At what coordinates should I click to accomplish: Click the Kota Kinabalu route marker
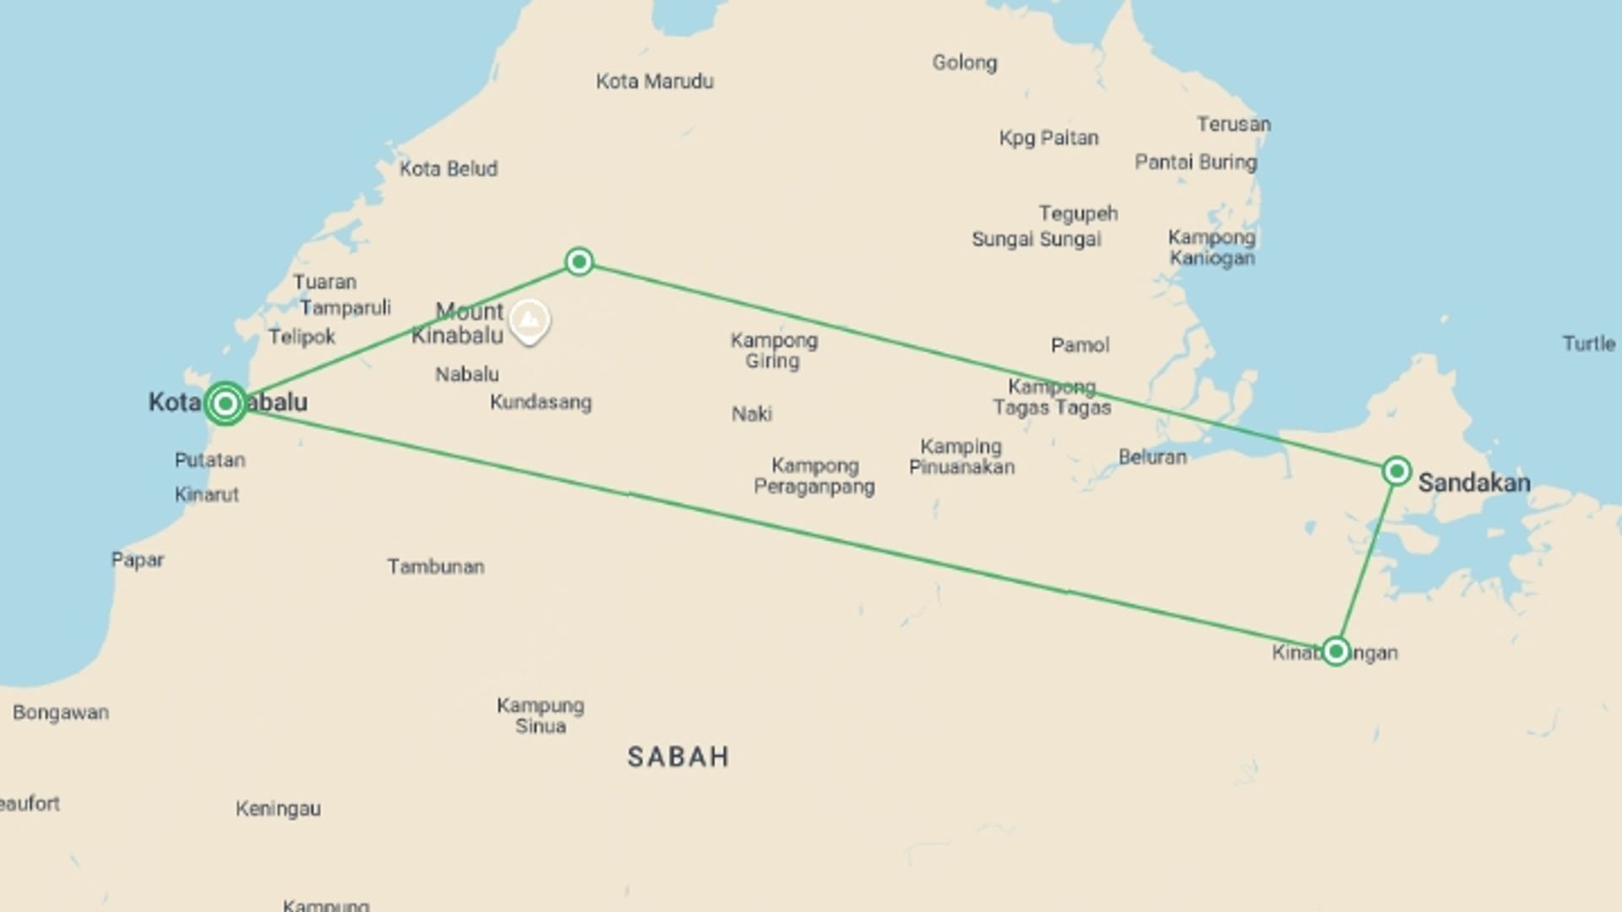tap(226, 404)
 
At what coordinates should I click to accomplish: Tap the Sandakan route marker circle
tap(1396, 470)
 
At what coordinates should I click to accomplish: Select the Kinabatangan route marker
tap(1336, 651)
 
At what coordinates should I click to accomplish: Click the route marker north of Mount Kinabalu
tap(579, 262)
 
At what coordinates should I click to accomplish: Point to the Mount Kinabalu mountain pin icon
tap(530, 321)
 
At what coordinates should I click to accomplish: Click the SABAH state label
tap(678, 757)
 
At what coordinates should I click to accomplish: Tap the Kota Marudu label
tap(655, 81)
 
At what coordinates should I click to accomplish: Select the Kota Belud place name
tap(448, 169)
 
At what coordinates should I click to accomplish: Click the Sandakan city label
tap(1473, 483)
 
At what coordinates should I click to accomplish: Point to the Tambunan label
tap(435, 567)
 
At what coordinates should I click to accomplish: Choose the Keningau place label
tap(278, 809)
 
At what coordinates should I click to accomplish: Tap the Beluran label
tap(1152, 457)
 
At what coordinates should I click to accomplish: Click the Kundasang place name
tap(541, 402)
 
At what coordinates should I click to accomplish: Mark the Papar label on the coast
tap(138, 560)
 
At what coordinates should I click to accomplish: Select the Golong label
tap(965, 62)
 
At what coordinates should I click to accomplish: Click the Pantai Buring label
tap(1195, 161)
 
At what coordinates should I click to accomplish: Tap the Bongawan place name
tap(61, 713)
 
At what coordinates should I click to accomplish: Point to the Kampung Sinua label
tap(540, 715)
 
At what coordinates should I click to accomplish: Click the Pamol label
tap(1080, 345)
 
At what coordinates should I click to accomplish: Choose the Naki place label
tap(752, 414)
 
